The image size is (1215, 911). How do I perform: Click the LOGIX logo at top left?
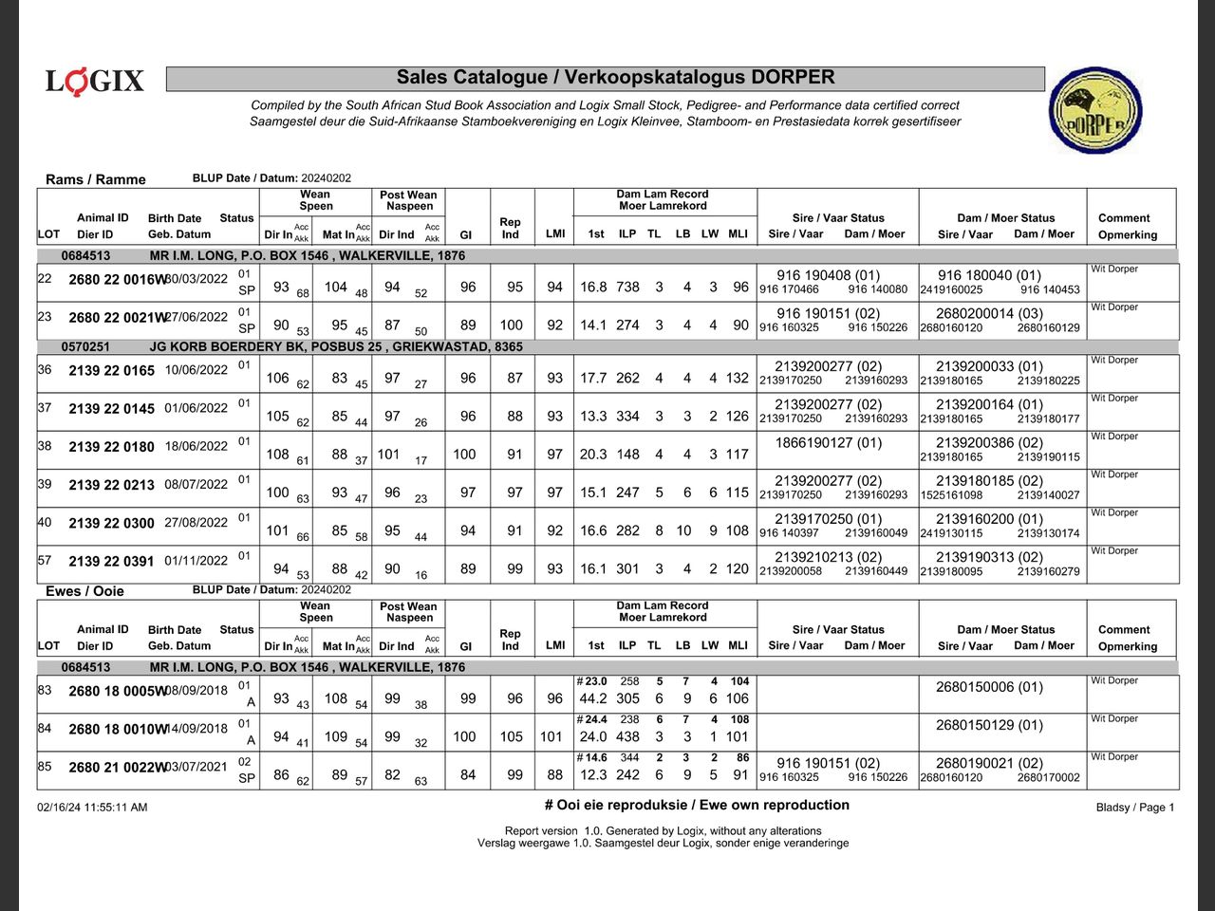coord(95,82)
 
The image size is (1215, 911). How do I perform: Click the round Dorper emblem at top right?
coord(1095,110)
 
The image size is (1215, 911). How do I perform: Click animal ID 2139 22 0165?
coord(111,371)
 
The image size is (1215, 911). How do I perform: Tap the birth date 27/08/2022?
coord(196,522)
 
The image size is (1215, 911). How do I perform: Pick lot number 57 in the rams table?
coord(45,561)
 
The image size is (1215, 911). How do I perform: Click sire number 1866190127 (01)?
coord(828,443)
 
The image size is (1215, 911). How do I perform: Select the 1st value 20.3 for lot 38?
coord(593,455)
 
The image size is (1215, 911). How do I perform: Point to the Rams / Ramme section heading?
coord(96,179)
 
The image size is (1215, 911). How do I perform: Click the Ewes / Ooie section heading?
coord(84,591)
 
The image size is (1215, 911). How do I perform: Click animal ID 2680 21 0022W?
coord(118,768)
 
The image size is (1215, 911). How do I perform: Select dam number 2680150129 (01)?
coord(989,725)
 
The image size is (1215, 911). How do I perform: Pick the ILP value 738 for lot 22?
coord(627,287)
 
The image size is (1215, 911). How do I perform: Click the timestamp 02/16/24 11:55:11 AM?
coord(92,808)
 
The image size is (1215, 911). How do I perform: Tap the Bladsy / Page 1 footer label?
coord(1134,808)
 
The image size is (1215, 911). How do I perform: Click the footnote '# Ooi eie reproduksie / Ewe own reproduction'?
coord(697,805)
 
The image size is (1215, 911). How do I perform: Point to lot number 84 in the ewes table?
coord(45,729)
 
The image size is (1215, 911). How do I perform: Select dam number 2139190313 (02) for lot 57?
coord(989,557)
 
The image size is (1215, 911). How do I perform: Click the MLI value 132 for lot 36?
coord(738,378)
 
